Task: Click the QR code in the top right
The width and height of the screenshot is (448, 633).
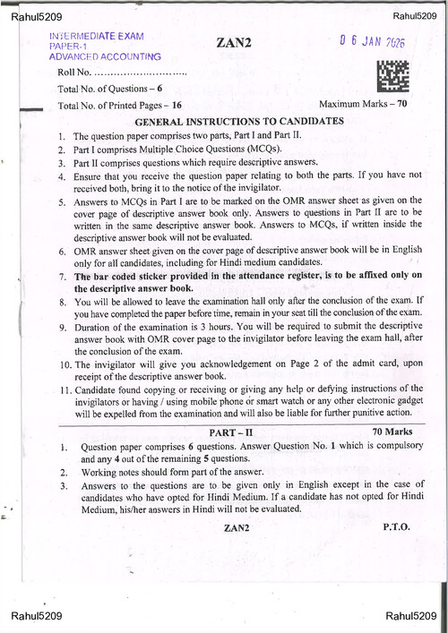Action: pos(392,77)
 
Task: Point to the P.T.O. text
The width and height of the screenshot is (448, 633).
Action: pos(396,526)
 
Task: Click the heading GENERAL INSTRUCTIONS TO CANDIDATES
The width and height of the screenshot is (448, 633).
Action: pos(238,120)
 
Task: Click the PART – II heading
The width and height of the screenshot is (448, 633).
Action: pos(237,432)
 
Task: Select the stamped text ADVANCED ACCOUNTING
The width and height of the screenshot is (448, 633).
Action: pos(99,56)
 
